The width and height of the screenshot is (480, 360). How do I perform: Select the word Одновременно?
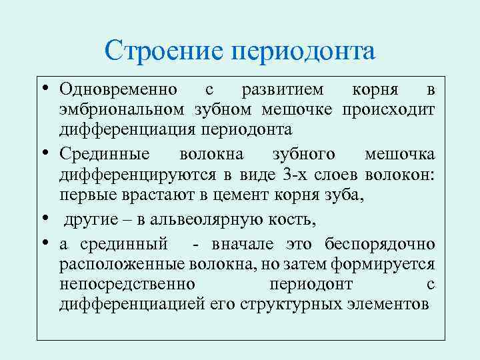coord(118,89)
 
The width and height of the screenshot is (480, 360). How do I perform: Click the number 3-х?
coord(293,175)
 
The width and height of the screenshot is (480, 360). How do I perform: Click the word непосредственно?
coord(127,284)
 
